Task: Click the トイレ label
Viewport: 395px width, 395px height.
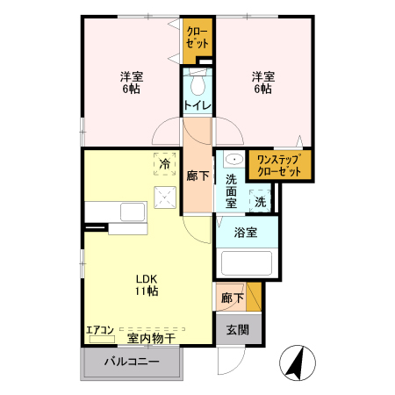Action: point(197,106)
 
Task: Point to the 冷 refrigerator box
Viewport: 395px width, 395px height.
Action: point(164,162)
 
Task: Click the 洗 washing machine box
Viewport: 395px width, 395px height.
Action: point(261,201)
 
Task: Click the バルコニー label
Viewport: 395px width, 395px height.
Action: point(132,362)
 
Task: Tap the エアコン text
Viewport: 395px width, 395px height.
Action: point(99,331)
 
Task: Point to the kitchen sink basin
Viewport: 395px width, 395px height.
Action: point(133,212)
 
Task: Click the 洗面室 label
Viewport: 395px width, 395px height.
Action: point(232,190)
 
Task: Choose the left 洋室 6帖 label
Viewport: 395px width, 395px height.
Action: point(133,83)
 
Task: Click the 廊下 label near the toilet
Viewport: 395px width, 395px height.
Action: point(198,176)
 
